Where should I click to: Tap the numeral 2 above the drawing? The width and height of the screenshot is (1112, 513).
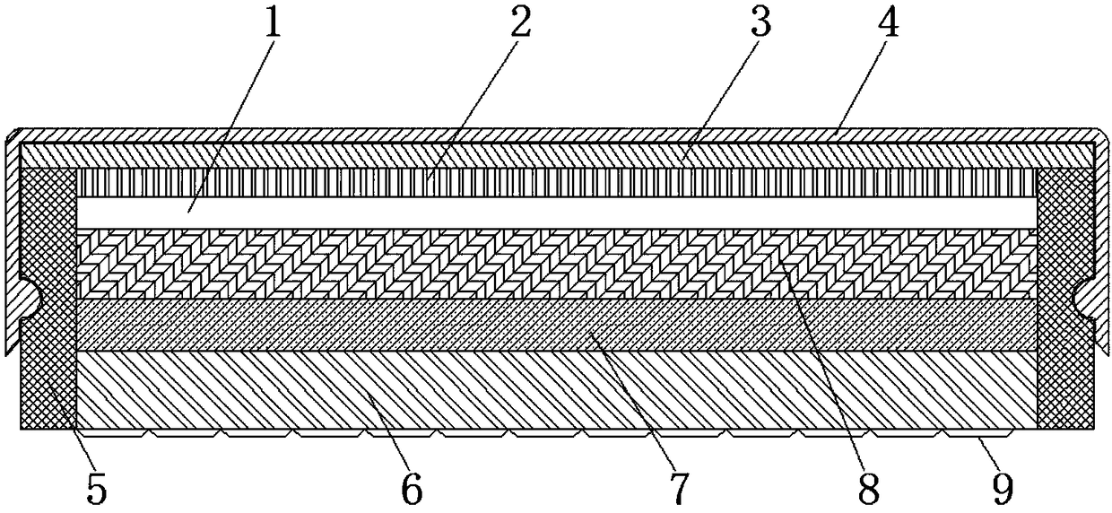pos(518,24)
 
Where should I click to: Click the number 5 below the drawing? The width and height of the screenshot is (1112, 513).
pos(96,489)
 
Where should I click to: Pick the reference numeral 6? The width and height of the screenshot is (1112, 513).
pos(412,489)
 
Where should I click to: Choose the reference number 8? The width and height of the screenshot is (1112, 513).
pos(868,489)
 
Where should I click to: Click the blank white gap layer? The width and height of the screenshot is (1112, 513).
pos(556,213)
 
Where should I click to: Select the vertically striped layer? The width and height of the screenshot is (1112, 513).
pos(556,183)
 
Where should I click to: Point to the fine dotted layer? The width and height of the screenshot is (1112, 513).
pos(556,325)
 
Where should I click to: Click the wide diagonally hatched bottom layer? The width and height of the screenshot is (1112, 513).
pos(556,388)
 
